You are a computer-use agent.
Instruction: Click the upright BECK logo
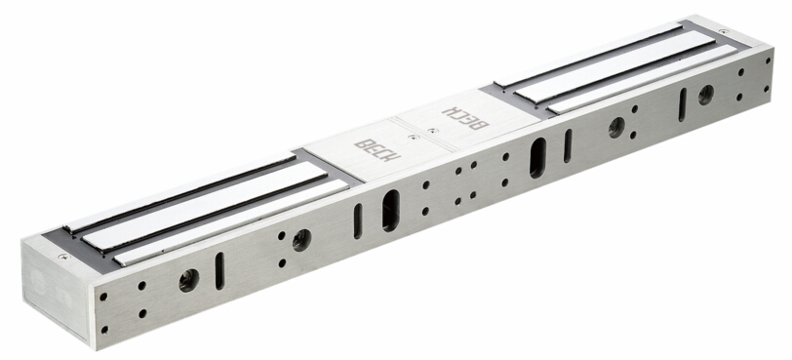(377, 150)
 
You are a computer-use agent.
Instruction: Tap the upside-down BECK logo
(464, 118)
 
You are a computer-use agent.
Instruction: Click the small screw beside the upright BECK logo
(415, 137)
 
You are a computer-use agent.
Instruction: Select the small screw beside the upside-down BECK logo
(430, 131)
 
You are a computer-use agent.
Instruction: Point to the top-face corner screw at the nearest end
(64, 257)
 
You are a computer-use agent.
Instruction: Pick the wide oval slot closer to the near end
(391, 211)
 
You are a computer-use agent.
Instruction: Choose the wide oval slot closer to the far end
(538, 157)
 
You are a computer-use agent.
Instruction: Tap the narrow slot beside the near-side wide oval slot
(358, 221)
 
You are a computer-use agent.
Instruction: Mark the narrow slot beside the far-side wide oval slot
(569, 146)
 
